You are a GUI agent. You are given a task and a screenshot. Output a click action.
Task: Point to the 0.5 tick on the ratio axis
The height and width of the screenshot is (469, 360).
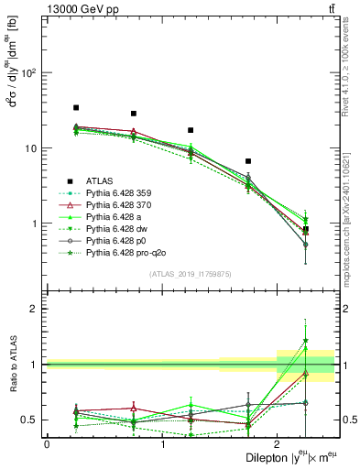(x=31, y=420)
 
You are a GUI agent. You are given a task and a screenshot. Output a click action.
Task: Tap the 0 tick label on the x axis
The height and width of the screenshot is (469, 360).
(x=47, y=443)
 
